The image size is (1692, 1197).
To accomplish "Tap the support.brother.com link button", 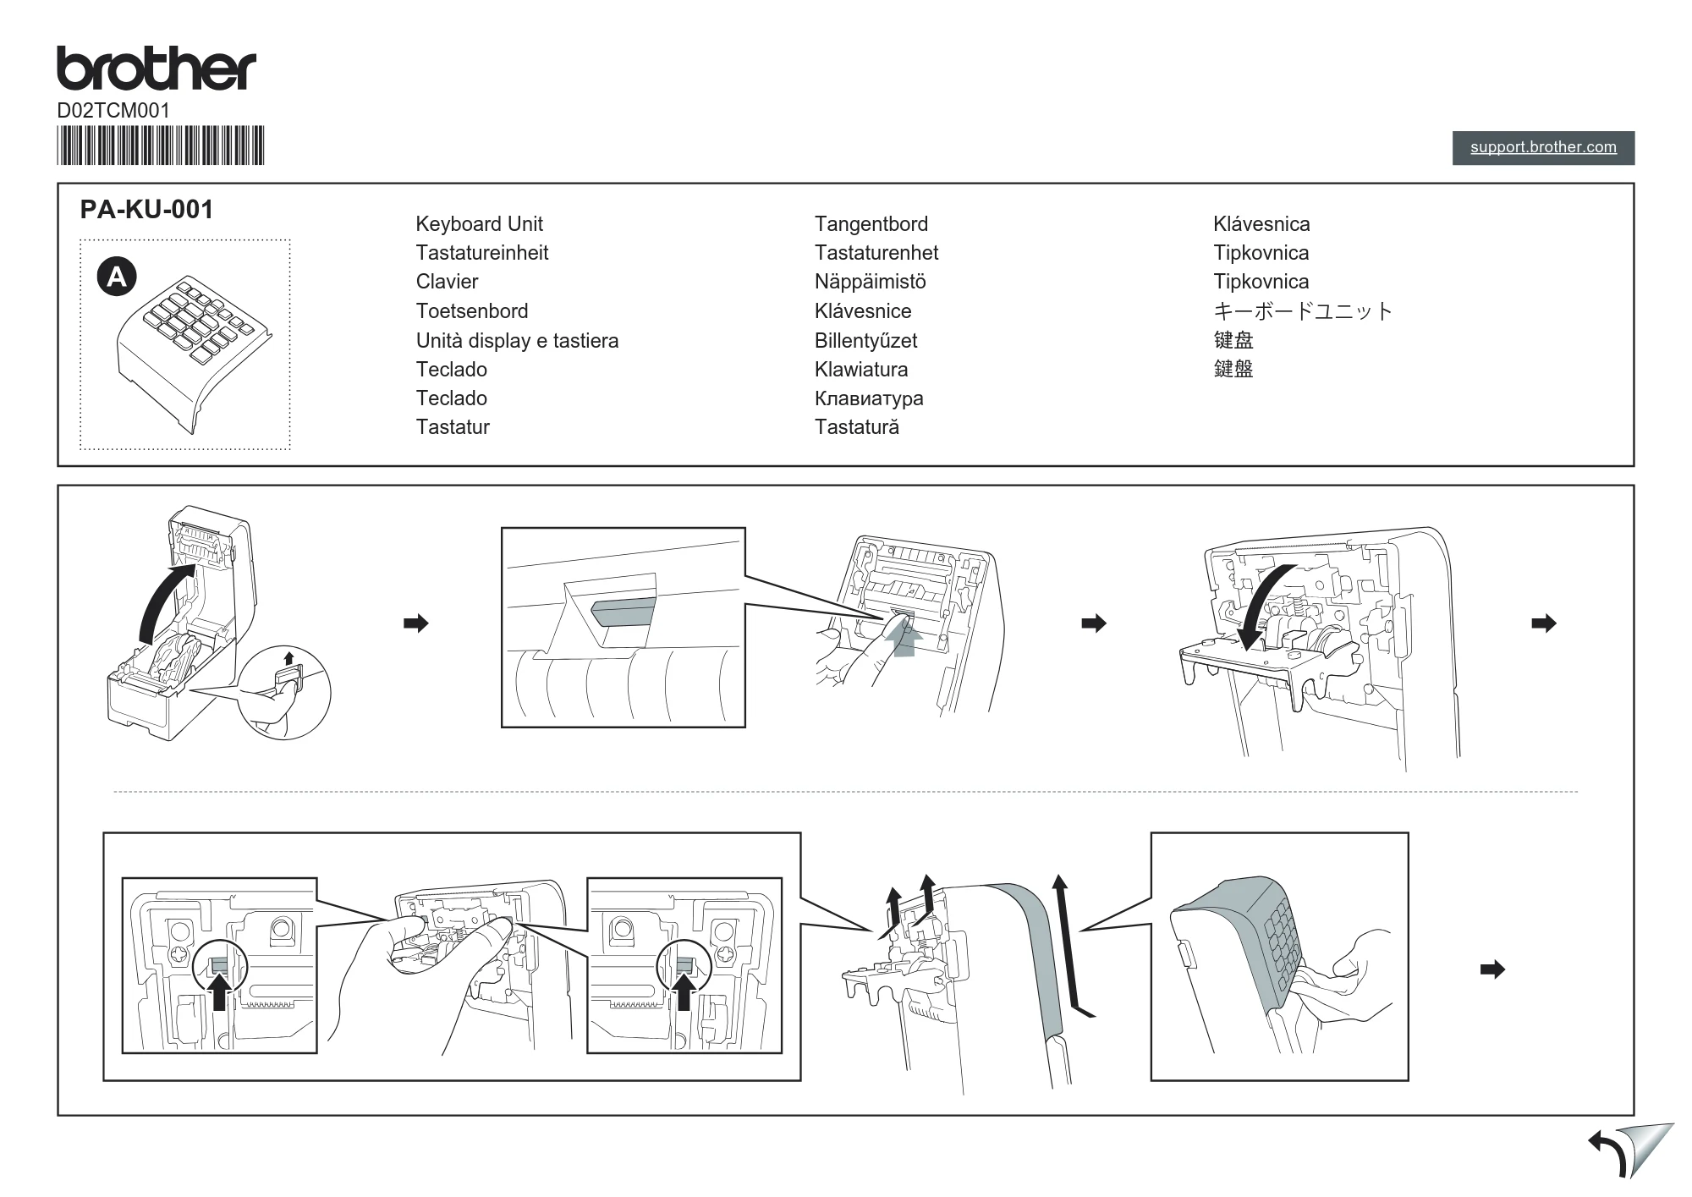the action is pos(1543,147).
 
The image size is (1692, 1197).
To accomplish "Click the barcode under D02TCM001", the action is pos(161,146).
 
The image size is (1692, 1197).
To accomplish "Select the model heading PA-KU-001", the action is pos(146,209).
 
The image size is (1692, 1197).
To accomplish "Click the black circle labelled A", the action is pos(117,277).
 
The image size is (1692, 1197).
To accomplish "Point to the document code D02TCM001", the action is pos(113,111).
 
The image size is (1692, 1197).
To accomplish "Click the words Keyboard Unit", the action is pos(479,224).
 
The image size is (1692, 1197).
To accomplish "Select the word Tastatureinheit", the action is pos(481,253).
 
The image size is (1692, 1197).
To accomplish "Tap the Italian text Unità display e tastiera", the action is pos(517,341).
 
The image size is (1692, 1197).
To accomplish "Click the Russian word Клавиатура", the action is pos(869,399).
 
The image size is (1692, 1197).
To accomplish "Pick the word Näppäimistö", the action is pos(870,282).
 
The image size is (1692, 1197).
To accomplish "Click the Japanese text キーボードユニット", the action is pos(1303,311).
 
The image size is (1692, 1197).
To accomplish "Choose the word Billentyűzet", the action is pos(865,341).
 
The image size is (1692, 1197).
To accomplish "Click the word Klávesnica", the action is pos(1261,224).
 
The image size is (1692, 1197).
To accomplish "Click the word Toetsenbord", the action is pos(472,311).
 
